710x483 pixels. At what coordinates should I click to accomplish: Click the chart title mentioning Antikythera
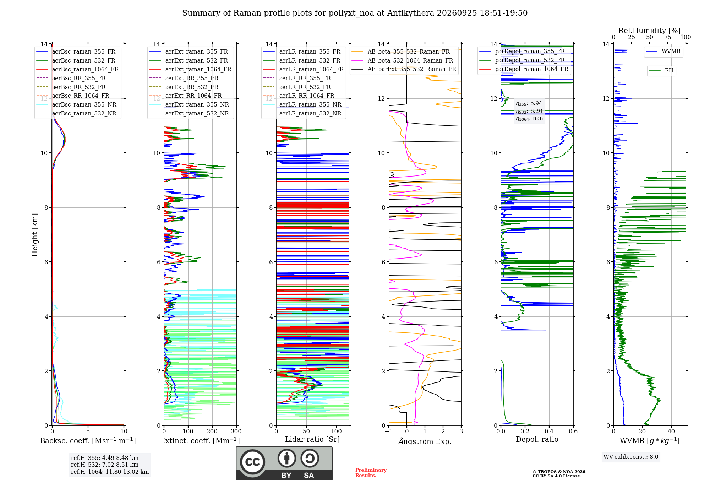tap(355, 13)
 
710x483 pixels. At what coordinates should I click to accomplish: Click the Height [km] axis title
tap(35, 235)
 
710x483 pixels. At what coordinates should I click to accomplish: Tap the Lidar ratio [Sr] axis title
tap(312, 439)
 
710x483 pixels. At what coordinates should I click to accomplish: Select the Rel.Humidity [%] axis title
tap(650, 31)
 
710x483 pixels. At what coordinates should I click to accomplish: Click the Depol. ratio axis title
tap(537, 439)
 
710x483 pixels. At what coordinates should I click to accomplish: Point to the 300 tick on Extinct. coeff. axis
tap(236, 431)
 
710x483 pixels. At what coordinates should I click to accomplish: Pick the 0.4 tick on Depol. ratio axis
tap(549, 431)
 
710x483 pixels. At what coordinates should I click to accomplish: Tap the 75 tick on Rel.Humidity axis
tap(668, 37)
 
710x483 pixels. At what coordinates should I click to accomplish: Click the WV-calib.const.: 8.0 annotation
tap(631, 457)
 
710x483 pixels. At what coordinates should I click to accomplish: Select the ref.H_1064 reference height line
tap(110, 472)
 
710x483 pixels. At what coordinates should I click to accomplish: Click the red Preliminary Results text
tap(371, 473)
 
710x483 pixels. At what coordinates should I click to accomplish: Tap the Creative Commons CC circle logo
tap(252, 462)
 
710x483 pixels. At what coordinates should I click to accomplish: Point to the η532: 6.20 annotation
tap(529, 111)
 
